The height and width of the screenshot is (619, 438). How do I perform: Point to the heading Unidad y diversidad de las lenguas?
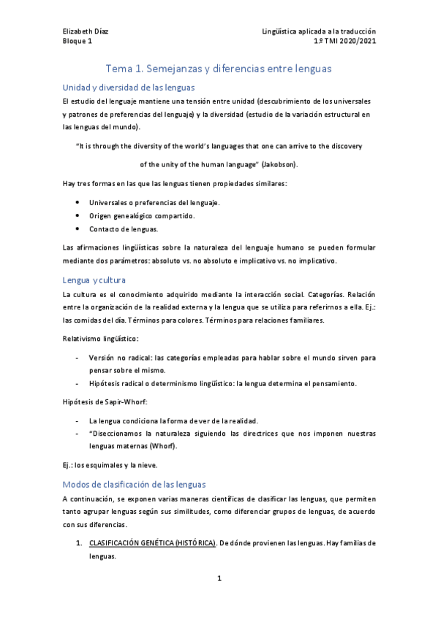(x=128, y=87)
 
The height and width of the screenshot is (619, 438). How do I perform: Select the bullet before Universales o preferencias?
(x=78, y=201)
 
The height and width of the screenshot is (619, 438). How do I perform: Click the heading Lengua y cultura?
(x=95, y=280)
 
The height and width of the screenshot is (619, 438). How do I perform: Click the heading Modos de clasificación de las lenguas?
(x=145, y=485)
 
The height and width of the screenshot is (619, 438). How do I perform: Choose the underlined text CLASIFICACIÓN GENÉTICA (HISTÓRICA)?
(x=152, y=544)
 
